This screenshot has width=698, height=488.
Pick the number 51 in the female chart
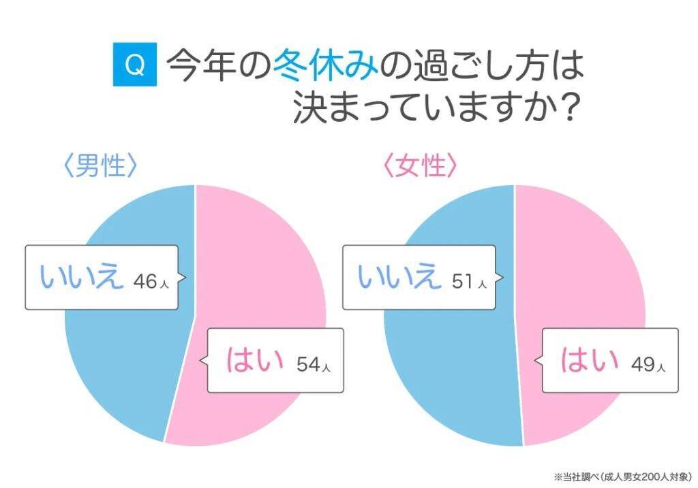tap(464, 280)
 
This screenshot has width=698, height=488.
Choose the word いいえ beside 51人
tap(399, 278)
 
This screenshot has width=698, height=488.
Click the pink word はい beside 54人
tap(254, 361)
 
